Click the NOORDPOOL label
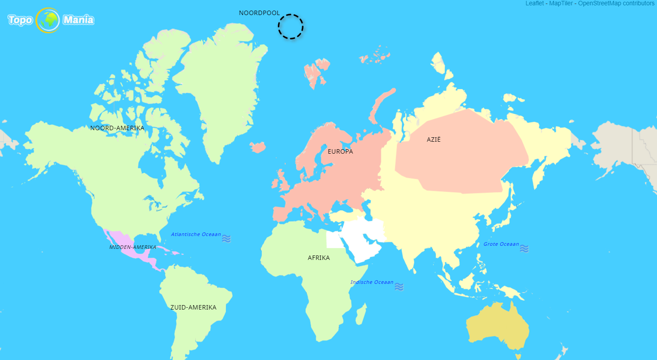(x=259, y=13)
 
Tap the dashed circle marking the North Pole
(x=291, y=27)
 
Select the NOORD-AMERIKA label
(x=117, y=128)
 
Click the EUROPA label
(x=340, y=151)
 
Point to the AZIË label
(x=433, y=139)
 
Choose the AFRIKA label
(x=319, y=258)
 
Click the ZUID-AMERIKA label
(x=193, y=307)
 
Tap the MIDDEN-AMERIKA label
(x=132, y=247)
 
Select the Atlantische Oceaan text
(x=196, y=235)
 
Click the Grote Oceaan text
(x=501, y=244)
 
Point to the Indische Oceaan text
(x=372, y=282)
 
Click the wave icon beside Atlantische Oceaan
(x=226, y=239)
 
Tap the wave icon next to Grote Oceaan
(x=524, y=248)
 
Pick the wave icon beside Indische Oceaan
(x=399, y=287)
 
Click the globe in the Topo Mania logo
(x=48, y=20)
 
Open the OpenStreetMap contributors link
(x=616, y=3)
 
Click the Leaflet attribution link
(x=534, y=3)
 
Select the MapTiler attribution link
(x=561, y=3)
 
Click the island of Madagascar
(x=361, y=314)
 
